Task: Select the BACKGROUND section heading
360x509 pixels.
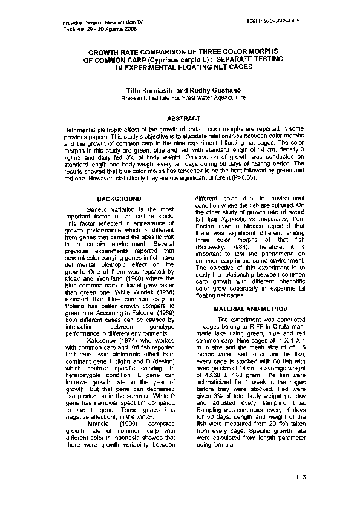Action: (119, 199)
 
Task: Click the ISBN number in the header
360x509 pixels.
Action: (273, 21)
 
